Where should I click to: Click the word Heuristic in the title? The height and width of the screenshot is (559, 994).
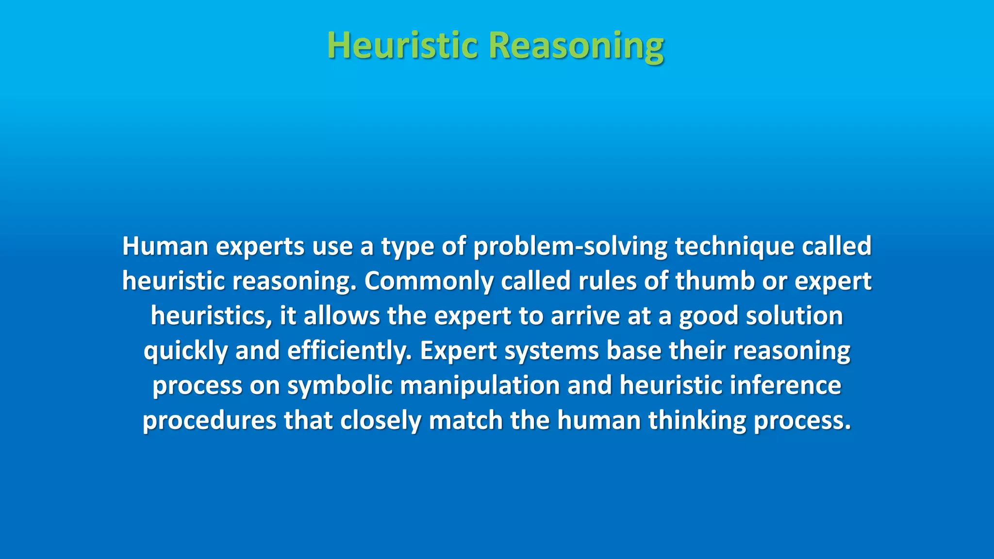[x=402, y=45]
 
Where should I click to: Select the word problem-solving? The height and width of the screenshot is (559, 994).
[x=570, y=247]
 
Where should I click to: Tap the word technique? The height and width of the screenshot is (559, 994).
[x=734, y=247]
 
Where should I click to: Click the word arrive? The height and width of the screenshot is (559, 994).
[x=585, y=316]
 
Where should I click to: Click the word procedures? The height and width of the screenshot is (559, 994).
[x=209, y=421]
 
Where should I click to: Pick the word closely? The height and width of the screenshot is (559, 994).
[x=381, y=421]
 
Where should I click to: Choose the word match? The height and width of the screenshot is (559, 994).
[x=465, y=421]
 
